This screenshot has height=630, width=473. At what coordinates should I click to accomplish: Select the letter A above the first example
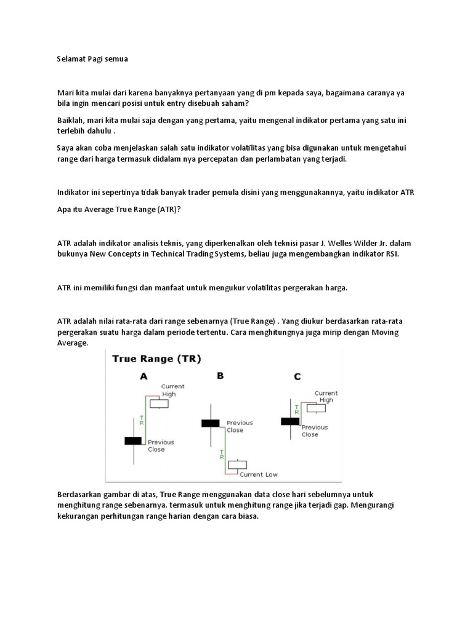144,377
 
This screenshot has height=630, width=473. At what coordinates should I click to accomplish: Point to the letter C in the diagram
297,377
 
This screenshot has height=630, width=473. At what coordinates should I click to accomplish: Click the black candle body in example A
133,441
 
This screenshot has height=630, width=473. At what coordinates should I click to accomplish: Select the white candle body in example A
160,404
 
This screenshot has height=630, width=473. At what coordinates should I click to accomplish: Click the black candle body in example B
210,423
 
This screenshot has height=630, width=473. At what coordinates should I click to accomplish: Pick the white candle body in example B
237,465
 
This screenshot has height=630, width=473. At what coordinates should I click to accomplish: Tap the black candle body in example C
289,421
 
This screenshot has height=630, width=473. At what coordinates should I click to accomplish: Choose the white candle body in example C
317,407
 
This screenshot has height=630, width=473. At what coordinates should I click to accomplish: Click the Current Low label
259,474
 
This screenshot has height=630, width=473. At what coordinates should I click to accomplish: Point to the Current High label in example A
172,390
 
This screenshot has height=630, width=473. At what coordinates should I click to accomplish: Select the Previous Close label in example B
240,426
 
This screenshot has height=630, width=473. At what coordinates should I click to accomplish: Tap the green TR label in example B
220,456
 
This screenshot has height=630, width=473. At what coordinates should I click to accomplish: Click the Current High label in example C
326,396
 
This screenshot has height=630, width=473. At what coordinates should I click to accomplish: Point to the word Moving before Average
401,332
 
